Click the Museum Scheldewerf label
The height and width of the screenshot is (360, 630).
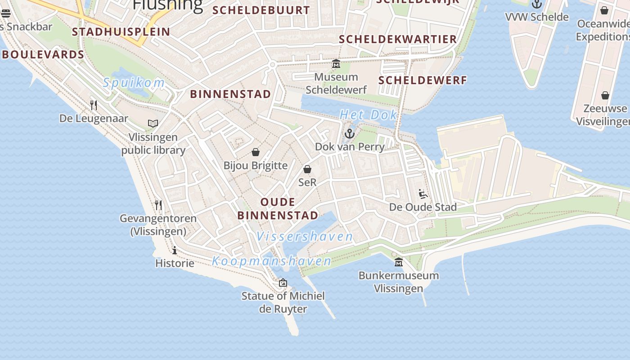[x=336, y=84]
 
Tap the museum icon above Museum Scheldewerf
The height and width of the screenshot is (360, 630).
[x=336, y=64]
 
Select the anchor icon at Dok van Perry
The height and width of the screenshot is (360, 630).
[x=349, y=134]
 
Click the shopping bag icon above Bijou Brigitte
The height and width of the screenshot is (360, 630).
[x=256, y=152]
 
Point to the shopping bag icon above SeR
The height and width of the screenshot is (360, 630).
[x=307, y=169]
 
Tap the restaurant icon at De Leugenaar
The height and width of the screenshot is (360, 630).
[x=94, y=105]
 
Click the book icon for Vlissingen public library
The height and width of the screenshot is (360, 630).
[x=153, y=123]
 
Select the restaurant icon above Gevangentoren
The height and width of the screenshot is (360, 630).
[x=158, y=205]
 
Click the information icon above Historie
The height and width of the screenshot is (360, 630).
[x=175, y=250]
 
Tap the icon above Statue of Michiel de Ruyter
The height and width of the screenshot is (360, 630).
[x=283, y=283]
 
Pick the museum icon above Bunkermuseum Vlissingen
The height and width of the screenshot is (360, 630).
[x=399, y=262]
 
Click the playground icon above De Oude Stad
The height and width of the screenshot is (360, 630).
[x=423, y=194]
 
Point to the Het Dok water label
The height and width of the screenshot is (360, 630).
[x=368, y=115]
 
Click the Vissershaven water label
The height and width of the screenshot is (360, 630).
[x=305, y=236]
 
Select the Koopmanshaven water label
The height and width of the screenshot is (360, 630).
[x=271, y=261]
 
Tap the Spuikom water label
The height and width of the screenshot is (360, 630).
[x=134, y=83]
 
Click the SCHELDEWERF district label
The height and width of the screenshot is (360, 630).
[x=423, y=81]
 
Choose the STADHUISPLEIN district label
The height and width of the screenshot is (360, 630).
[x=121, y=32]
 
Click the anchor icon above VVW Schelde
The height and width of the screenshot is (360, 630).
[x=537, y=4]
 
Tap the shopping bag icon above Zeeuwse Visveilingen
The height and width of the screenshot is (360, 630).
[x=605, y=95]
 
